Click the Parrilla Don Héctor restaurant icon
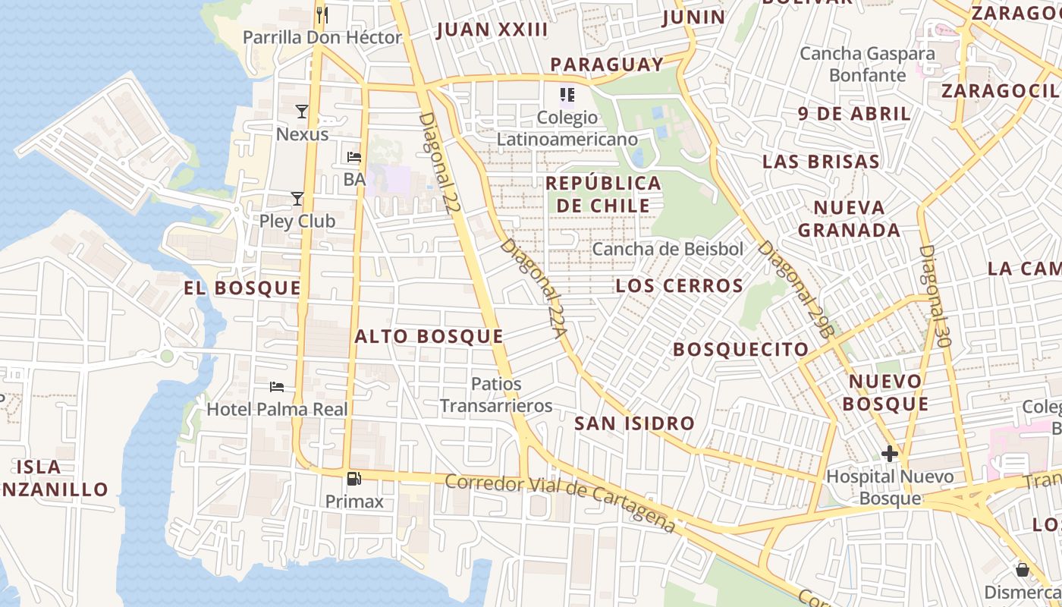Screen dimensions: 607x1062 pyautogui.click(x=322, y=14)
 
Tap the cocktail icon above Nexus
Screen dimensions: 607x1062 pyautogui.click(x=302, y=112)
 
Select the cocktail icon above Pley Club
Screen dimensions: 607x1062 pyautogui.click(x=297, y=199)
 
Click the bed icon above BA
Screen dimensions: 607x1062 pyautogui.click(x=354, y=157)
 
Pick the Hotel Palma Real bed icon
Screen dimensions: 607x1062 pyautogui.click(x=277, y=387)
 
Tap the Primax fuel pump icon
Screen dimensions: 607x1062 pyautogui.click(x=353, y=479)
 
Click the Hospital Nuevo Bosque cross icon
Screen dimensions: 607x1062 pyautogui.click(x=890, y=454)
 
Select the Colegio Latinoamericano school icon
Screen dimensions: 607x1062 pyautogui.click(x=567, y=95)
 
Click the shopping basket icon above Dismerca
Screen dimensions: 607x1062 pyautogui.click(x=1023, y=569)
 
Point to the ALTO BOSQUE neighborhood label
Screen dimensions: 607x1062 pyautogui.click(x=429, y=336)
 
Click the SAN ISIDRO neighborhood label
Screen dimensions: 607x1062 pyautogui.click(x=634, y=423)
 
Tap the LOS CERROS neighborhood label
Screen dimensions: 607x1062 pyautogui.click(x=679, y=286)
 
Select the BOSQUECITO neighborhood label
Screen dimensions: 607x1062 pyautogui.click(x=741, y=349)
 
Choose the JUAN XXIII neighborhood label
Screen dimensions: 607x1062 pyautogui.click(x=492, y=30)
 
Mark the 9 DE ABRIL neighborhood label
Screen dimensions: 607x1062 pyautogui.click(x=854, y=114)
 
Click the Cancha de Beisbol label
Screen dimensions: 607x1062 pyautogui.click(x=668, y=249)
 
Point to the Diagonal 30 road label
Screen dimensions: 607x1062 pyautogui.click(x=935, y=296)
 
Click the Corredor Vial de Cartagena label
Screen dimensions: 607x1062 pyautogui.click(x=560, y=502)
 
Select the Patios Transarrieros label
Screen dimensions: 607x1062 pyautogui.click(x=496, y=395)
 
